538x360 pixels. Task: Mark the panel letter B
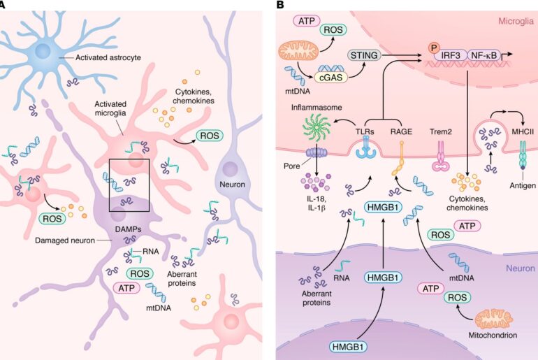[x=280, y=5]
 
